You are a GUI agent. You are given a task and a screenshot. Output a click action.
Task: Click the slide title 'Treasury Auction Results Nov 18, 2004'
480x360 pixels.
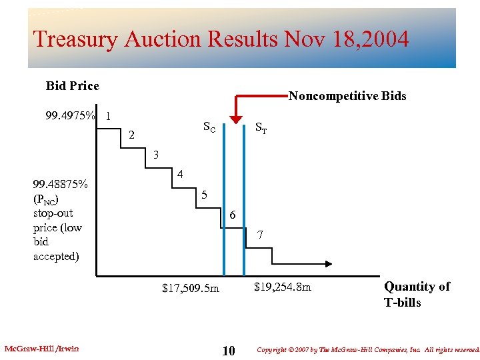click(221, 39)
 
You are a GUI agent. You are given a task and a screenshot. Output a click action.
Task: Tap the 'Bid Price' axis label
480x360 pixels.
click(72, 86)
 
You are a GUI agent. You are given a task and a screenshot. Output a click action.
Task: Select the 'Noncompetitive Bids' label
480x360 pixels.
click(347, 96)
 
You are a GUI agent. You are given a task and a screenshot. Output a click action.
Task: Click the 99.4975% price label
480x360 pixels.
click(69, 115)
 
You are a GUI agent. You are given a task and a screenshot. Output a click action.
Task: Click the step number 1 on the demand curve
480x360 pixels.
click(108, 115)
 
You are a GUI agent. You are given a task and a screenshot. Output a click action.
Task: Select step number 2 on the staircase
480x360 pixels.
click(132, 135)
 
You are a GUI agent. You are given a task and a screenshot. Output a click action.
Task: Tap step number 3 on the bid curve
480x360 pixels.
click(155, 155)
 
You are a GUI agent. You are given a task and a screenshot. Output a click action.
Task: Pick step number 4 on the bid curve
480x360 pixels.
click(180, 175)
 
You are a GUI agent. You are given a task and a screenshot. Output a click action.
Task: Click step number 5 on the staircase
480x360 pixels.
click(205, 195)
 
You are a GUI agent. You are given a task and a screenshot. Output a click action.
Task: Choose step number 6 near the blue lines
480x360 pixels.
click(231, 215)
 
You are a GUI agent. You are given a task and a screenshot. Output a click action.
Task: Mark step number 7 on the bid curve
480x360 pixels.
click(260, 235)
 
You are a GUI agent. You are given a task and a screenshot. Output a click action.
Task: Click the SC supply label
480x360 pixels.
click(209, 127)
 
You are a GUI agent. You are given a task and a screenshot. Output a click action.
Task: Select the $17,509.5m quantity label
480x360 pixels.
click(190, 289)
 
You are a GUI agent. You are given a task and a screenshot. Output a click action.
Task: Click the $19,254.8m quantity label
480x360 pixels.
click(283, 287)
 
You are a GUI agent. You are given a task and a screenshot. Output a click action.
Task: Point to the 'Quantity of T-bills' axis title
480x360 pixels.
click(417, 294)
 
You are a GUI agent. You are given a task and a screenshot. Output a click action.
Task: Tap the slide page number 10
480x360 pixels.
click(228, 351)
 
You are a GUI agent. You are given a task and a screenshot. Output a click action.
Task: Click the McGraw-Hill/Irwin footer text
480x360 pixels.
click(41, 349)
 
